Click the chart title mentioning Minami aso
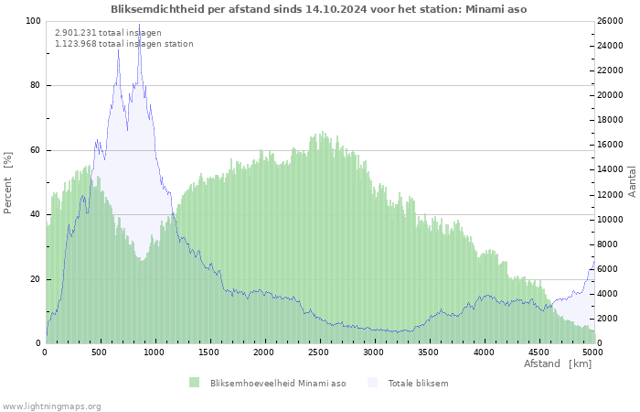point(318,9)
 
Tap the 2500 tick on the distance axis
point(318,352)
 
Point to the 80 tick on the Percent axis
point(34,86)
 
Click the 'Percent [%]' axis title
point(8,182)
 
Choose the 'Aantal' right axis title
point(632,181)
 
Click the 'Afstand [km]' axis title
point(557,364)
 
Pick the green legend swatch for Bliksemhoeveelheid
point(194,383)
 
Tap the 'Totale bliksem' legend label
point(418,383)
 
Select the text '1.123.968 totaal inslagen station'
point(123,43)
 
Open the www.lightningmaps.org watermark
point(51,406)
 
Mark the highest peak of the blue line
point(139,25)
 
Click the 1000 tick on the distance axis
point(155,352)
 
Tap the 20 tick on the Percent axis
point(34,279)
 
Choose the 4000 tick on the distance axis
point(483,352)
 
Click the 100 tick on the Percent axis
point(32,21)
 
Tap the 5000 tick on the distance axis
point(592,352)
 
